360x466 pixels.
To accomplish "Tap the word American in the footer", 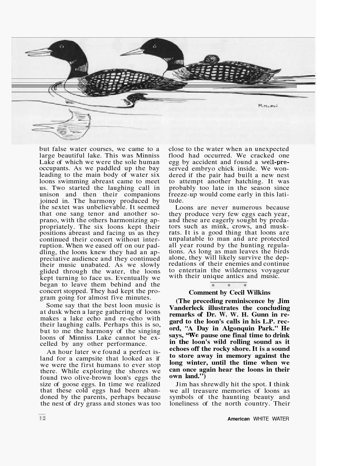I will (x=239, y=419).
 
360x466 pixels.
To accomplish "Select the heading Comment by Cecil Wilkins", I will (x=229, y=293).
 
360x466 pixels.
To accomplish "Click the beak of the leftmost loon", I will (x=38, y=52).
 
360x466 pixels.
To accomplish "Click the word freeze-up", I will (x=182, y=194).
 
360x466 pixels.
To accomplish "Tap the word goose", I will (x=67, y=384).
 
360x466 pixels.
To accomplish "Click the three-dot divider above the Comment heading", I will (x=229, y=285).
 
